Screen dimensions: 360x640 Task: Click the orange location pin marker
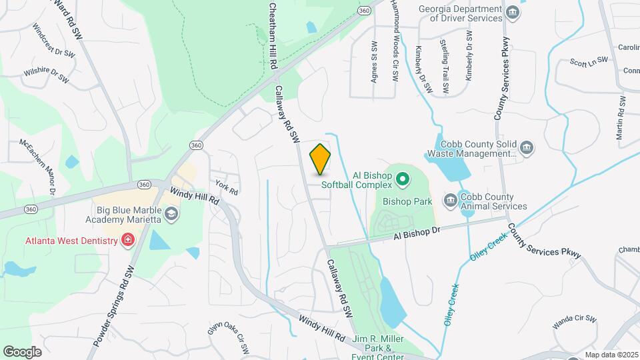321,159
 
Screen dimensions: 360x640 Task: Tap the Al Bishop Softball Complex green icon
402,178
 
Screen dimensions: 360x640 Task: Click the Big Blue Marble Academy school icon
171,213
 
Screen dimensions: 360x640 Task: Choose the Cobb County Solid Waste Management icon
527,147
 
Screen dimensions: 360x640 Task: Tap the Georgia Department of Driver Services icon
512,13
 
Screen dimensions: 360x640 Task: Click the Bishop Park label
408,201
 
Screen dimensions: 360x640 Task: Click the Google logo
22,351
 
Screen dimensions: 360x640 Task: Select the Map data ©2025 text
611,355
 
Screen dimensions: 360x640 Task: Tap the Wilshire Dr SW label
47,75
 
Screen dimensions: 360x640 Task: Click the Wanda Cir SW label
574,322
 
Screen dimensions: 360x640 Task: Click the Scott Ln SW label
589,62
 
